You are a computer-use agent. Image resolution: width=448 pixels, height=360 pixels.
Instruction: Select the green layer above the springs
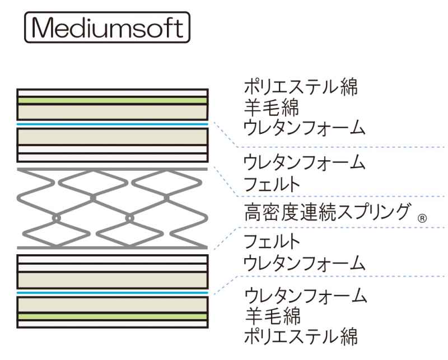click(112, 101)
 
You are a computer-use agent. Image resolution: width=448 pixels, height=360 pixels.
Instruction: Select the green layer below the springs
click(112, 317)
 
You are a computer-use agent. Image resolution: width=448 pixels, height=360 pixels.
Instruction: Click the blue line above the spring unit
click(112, 123)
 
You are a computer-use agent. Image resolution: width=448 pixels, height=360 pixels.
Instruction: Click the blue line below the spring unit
click(112, 292)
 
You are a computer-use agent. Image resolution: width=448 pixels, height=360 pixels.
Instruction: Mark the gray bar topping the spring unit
click(112, 169)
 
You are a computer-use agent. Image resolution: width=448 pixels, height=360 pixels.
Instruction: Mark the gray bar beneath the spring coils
click(112, 247)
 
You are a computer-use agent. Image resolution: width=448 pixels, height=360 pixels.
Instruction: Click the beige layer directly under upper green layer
click(112, 111)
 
